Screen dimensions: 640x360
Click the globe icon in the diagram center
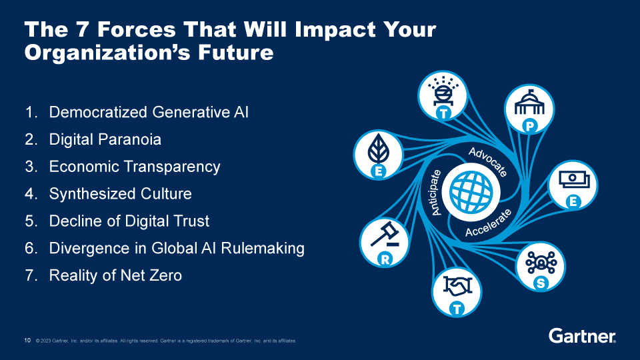471,192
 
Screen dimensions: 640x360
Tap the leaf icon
379,149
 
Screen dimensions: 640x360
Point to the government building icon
529,103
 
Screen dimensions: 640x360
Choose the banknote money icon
574,179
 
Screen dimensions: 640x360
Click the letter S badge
541,283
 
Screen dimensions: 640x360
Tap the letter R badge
385,259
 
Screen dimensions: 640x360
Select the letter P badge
529,127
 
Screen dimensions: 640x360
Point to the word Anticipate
436,192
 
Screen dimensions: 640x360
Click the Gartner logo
583,336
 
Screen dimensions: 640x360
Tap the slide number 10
27,340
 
